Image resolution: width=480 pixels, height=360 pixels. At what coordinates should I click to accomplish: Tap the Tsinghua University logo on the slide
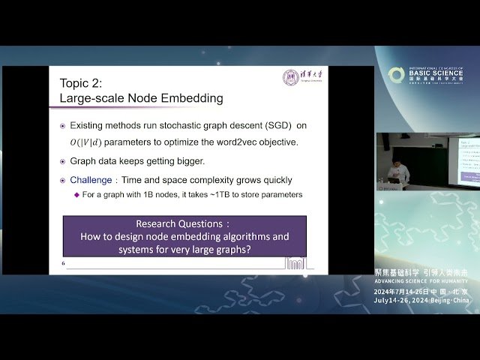[300, 78]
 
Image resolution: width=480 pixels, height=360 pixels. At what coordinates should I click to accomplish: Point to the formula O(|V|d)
[86, 142]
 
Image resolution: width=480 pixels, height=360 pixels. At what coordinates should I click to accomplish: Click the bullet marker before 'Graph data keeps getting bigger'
[63, 161]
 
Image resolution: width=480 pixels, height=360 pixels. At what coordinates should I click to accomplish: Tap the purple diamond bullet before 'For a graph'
[76, 195]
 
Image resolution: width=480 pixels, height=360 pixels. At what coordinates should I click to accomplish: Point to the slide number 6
[64, 263]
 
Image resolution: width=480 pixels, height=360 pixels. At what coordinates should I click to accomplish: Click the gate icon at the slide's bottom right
[296, 262]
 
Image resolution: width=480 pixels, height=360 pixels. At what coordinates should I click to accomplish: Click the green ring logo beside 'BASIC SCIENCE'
[396, 75]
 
